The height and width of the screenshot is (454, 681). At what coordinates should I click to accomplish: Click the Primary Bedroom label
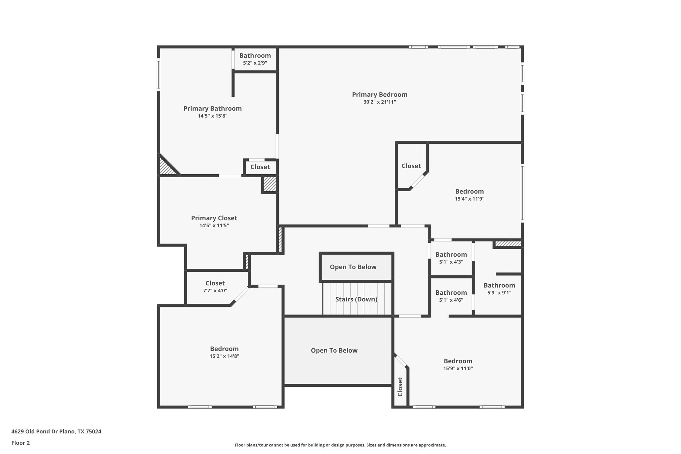pyautogui.click(x=379, y=95)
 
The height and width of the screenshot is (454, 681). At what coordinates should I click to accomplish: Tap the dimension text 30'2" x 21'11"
pyautogui.click(x=379, y=102)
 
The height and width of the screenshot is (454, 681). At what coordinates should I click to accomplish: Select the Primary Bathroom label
pyautogui.click(x=212, y=109)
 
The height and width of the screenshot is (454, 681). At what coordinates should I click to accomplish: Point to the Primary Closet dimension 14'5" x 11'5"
pyautogui.click(x=214, y=226)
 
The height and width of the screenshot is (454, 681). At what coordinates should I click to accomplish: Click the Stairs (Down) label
pyautogui.click(x=356, y=299)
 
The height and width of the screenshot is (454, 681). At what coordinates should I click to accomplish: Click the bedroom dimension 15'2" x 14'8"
pyautogui.click(x=224, y=356)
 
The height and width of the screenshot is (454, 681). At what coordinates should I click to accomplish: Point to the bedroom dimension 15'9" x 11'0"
pyautogui.click(x=458, y=369)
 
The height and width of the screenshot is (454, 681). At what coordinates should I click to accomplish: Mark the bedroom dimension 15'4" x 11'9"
pyautogui.click(x=470, y=199)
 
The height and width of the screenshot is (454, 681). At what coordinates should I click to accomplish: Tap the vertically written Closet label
pyautogui.click(x=400, y=387)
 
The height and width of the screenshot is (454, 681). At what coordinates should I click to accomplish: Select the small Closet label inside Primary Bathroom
pyautogui.click(x=260, y=167)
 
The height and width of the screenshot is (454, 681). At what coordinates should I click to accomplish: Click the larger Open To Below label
pyautogui.click(x=334, y=351)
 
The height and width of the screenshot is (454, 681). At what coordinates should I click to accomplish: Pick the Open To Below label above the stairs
pyautogui.click(x=353, y=267)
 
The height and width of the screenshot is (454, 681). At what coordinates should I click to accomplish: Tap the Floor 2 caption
pyautogui.click(x=21, y=443)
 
